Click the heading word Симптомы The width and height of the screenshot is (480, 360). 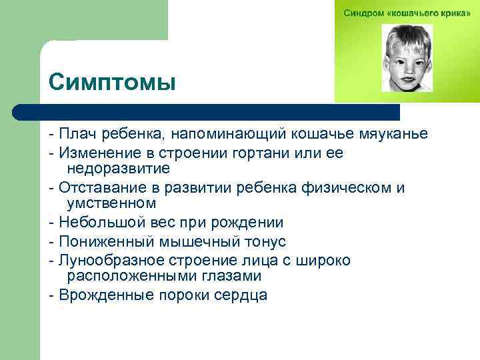pos(112,83)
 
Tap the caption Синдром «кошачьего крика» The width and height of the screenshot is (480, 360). pos(407,13)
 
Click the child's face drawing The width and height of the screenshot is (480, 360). pos(407,58)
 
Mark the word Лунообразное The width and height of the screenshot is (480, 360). pos(109,260)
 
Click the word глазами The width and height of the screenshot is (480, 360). pos(225,275)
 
